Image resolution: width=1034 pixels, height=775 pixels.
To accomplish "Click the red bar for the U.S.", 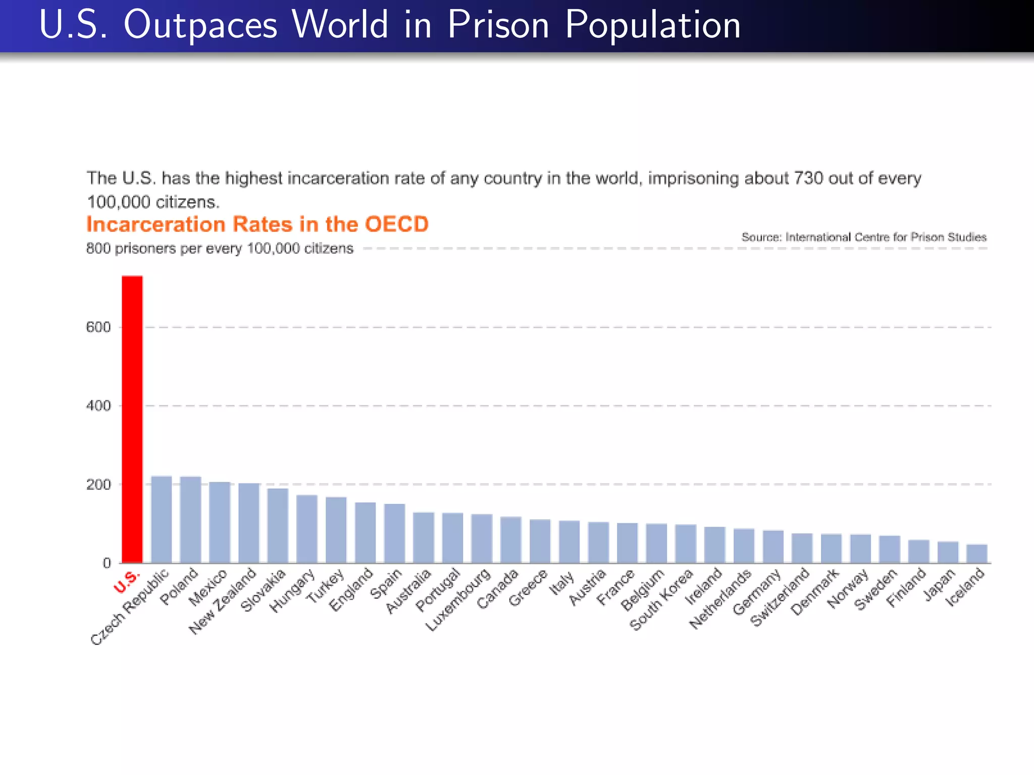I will tap(132, 419).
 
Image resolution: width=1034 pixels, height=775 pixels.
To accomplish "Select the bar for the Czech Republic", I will tap(162, 519).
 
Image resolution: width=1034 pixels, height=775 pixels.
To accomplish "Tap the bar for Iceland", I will tap(976, 553).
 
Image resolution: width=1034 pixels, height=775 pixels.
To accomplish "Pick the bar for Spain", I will tap(394, 533).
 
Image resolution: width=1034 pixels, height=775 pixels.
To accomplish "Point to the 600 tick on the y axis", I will tap(98, 327).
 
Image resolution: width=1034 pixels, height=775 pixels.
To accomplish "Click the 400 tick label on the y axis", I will tap(98, 406).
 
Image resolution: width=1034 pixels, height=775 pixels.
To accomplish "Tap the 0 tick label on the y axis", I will tap(107, 563).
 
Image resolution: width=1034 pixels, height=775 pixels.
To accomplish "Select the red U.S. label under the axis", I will tap(126, 582).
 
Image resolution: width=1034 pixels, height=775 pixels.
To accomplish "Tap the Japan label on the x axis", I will tap(940, 585).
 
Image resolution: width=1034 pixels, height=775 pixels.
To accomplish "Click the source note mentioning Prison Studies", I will tap(863, 237).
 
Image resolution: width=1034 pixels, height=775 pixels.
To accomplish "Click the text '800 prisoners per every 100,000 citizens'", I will tap(220, 249).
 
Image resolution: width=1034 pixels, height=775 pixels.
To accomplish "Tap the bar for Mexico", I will tap(220, 522).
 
